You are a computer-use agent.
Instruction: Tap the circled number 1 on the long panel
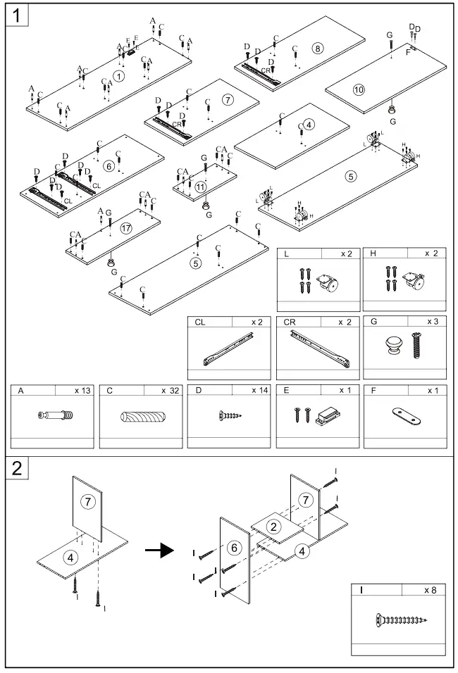(x=118, y=75)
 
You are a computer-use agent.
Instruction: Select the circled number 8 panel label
(x=318, y=49)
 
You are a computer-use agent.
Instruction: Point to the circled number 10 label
(x=359, y=89)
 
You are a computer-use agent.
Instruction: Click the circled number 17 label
(x=126, y=227)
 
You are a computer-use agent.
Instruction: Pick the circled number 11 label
(x=202, y=187)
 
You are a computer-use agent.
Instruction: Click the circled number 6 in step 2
(x=236, y=547)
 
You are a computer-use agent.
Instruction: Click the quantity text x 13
(x=82, y=390)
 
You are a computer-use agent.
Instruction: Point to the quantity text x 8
(x=430, y=590)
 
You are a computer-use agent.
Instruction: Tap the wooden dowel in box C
(x=141, y=417)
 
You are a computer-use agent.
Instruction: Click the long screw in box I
(x=399, y=620)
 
